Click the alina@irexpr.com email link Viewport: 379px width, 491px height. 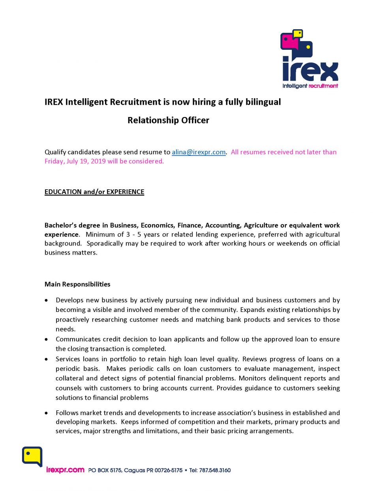pyautogui.click(x=199, y=152)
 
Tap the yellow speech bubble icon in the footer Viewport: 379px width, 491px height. pyautogui.click(x=32, y=457)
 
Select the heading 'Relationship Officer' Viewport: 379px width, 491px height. pyautogui.click(x=168, y=120)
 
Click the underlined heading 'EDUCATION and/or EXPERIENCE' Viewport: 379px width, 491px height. pyautogui.click(x=94, y=192)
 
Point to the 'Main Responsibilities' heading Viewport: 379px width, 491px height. pyautogui.click(x=77, y=284)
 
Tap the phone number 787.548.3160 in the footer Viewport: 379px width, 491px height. pyautogui.click(x=215, y=470)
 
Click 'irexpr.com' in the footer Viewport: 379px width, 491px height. pyautogui.click(x=65, y=470)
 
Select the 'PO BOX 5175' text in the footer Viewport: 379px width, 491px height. pyautogui.click(x=105, y=470)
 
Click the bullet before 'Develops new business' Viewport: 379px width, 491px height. pyautogui.click(x=47, y=300)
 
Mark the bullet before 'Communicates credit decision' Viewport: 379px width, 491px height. pyautogui.click(x=47, y=340)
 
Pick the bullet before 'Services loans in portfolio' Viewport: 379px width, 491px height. pyautogui.click(x=47, y=359)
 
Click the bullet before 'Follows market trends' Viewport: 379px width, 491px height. pyautogui.click(x=47, y=413)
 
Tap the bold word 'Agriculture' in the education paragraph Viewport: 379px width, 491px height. pyautogui.click(x=261, y=225)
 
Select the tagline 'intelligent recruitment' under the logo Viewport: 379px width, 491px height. pyautogui.click(x=310, y=86)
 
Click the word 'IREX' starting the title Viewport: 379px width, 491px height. pyautogui.click(x=54, y=102)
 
